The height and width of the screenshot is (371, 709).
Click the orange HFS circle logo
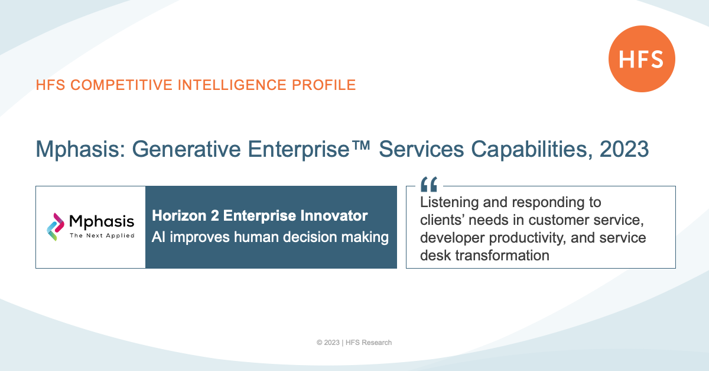642,59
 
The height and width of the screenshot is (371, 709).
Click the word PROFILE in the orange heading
324,85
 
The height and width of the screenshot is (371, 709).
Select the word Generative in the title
186,149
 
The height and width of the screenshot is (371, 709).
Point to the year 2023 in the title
624,149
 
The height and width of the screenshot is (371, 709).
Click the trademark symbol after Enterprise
360,146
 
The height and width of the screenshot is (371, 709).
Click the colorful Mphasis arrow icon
56,227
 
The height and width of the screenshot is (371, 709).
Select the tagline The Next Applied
102,235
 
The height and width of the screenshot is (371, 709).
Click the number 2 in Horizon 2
214,216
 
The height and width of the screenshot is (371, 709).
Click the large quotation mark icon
429,184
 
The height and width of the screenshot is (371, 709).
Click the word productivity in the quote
527,238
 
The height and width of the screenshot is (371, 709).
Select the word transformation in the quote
502,256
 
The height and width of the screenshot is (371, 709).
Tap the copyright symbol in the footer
320,343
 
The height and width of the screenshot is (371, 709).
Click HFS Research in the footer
369,343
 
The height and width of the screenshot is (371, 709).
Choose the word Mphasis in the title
80,150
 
